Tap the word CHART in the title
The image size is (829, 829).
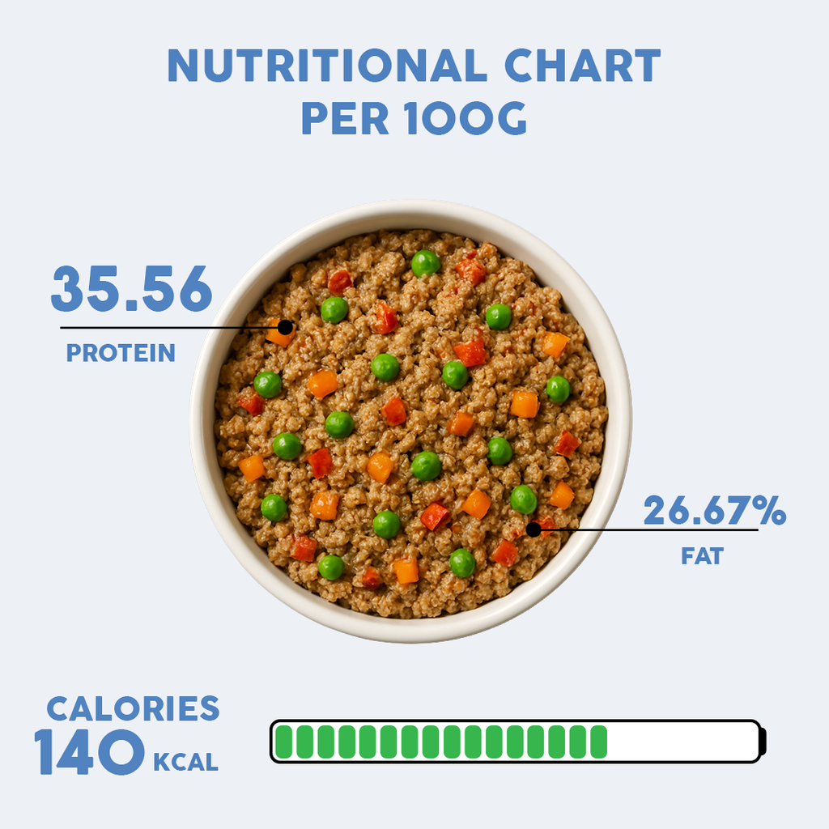tap(582, 66)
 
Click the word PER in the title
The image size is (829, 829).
tap(339, 118)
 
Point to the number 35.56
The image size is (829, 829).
tap(131, 289)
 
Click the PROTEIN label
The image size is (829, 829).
tap(121, 353)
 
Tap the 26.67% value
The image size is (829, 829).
tap(714, 512)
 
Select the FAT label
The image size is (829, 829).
tap(702, 556)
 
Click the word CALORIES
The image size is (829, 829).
tap(133, 708)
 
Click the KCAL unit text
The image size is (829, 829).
tap(185, 762)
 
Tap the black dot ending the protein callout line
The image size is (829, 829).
tap(285, 327)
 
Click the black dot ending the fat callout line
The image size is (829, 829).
tap(533, 529)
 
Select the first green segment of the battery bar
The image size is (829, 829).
tap(284, 742)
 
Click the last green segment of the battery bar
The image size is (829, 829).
tap(598, 742)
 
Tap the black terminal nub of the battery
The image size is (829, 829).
tap(762, 742)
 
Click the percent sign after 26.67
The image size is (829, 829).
tap(772, 512)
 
